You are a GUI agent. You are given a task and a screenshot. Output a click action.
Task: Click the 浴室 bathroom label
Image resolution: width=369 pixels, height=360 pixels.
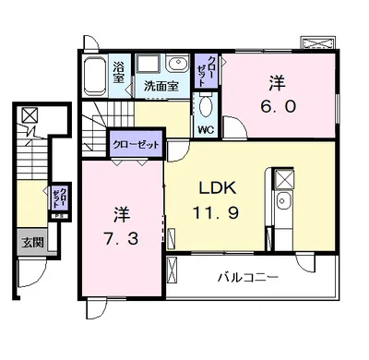119,73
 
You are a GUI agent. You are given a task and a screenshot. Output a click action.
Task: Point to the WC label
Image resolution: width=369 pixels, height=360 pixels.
206,130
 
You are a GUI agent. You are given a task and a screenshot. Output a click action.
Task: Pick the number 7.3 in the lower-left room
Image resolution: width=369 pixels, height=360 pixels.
120,238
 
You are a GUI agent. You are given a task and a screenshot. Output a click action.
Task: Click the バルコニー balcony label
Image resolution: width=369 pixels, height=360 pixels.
249,276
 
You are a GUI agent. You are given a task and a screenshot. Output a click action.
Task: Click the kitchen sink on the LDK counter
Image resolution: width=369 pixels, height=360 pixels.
283,203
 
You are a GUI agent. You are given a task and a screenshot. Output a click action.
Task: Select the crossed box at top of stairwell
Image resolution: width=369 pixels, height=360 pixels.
31,116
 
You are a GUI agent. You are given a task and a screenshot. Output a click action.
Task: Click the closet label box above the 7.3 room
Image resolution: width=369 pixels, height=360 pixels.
135,145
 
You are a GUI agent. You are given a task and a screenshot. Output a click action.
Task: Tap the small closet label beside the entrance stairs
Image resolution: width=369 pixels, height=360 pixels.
58,198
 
